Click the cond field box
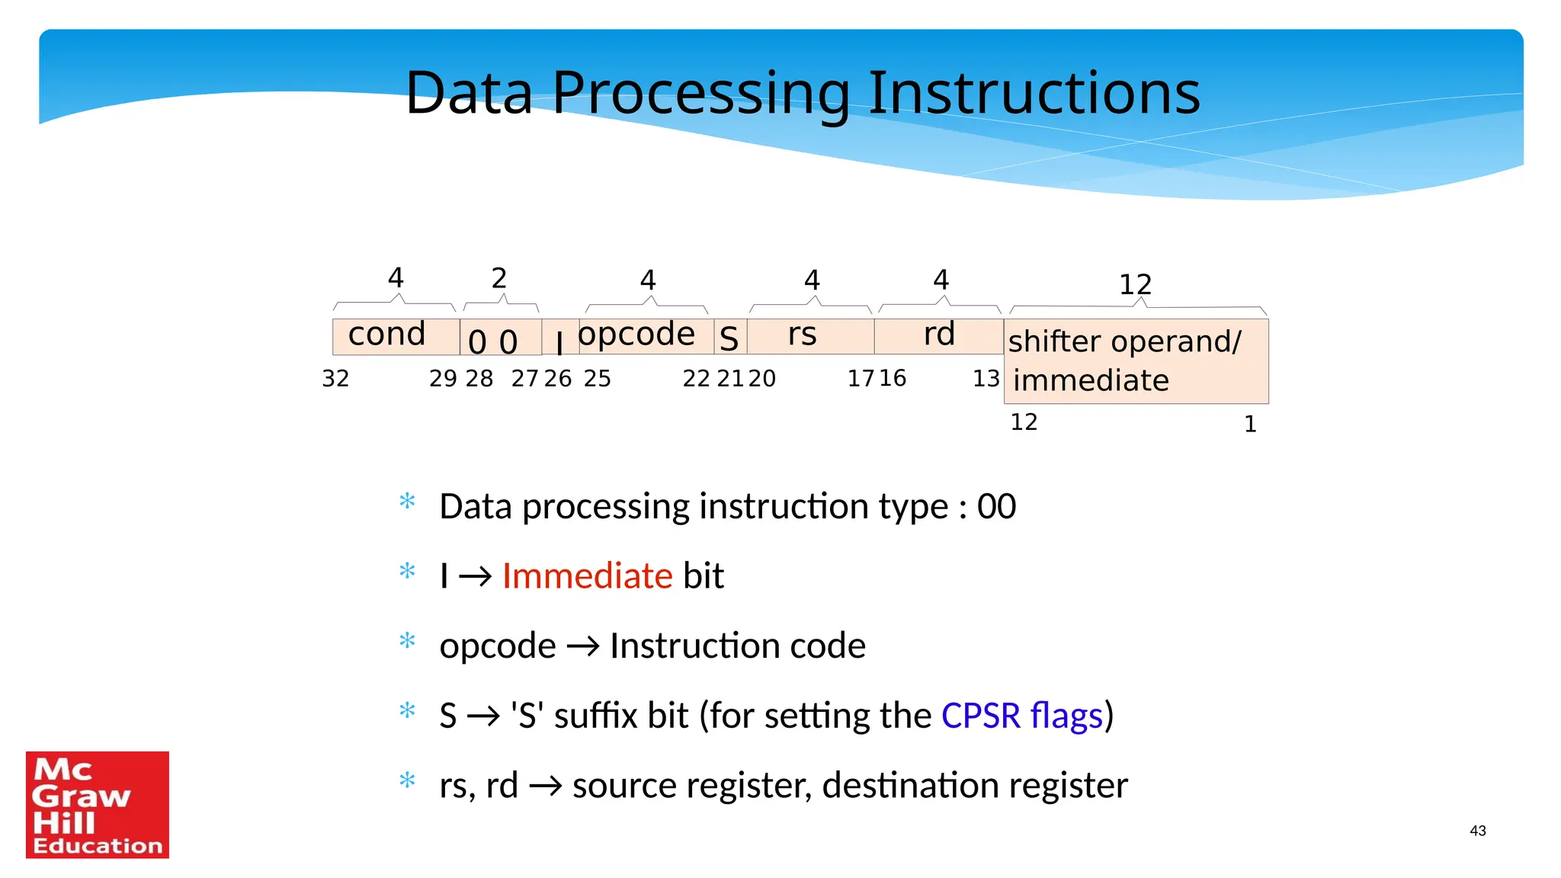395,336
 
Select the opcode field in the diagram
637,335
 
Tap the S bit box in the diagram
729,338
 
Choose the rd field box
938,336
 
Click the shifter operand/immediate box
1136,361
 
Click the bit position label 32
335,379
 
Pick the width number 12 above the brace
1135,285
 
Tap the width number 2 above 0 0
499,278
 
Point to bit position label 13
986,379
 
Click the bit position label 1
1250,425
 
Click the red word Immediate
587,576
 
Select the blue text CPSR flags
1021,716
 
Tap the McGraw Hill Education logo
98,805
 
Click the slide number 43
1477,831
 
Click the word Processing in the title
700,93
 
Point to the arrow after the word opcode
583,647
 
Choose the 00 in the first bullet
996,507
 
